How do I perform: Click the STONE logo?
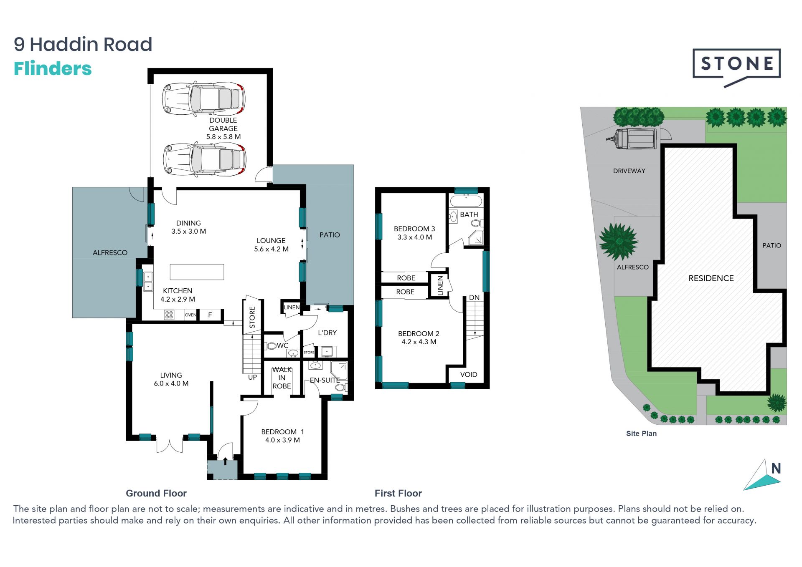737,67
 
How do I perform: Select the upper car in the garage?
203,98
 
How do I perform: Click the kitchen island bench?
197,272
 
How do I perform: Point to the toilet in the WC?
271,346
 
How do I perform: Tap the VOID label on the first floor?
468,375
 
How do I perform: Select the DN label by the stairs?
474,297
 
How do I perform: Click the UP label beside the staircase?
252,377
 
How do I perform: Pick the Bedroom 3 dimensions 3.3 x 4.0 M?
414,237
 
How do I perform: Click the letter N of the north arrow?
776,469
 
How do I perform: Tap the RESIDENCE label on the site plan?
711,278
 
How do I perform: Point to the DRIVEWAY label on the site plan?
629,171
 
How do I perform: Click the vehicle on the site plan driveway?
631,139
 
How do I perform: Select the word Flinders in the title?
53,69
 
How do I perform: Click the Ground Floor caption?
156,493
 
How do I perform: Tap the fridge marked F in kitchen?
210,315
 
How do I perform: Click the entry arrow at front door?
226,461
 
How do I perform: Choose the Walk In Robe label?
282,378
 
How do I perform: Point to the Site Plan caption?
641,433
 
